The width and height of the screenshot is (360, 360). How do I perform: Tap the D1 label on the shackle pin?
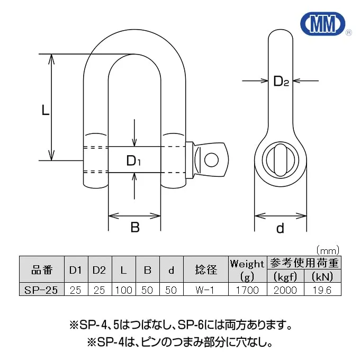[x=133, y=160]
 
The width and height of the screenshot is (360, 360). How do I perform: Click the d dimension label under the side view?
[x=280, y=228]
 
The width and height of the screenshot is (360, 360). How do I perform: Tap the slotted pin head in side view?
[x=280, y=159]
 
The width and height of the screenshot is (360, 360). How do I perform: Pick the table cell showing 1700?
[x=247, y=290]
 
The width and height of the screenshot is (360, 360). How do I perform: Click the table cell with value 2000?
[x=286, y=290]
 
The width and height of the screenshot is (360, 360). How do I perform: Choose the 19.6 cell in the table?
[x=323, y=290]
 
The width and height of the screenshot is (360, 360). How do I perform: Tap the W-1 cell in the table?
[x=206, y=290]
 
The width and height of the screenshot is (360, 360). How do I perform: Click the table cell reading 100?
[x=123, y=290]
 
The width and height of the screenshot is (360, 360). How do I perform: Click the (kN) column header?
[x=323, y=276]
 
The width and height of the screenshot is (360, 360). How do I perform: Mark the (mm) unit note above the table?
[x=327, y=250]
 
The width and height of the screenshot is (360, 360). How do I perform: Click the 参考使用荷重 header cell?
[x=305, y=263]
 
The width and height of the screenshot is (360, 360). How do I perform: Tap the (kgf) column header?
[x=286, y=276]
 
